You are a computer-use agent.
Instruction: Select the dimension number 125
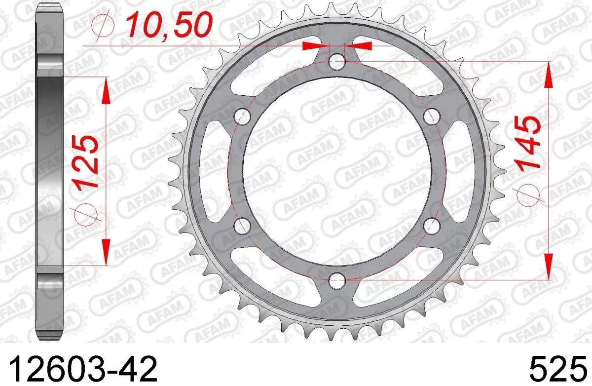(x=87, y=162)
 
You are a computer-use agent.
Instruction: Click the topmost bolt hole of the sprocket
(x=337, y=62)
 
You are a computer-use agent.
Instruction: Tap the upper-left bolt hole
(x=242, y=117)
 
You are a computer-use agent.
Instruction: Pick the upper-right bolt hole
(x=432, y=117)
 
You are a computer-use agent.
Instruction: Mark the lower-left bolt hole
(x=242, y=226)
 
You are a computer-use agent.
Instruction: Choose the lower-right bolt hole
(x=432, y=226)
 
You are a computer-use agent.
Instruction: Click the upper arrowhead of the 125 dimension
(x=106, y=92)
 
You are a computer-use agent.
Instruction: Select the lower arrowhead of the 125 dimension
(x=106, y=251)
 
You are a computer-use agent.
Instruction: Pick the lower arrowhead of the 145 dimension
(x=548, y=267)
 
